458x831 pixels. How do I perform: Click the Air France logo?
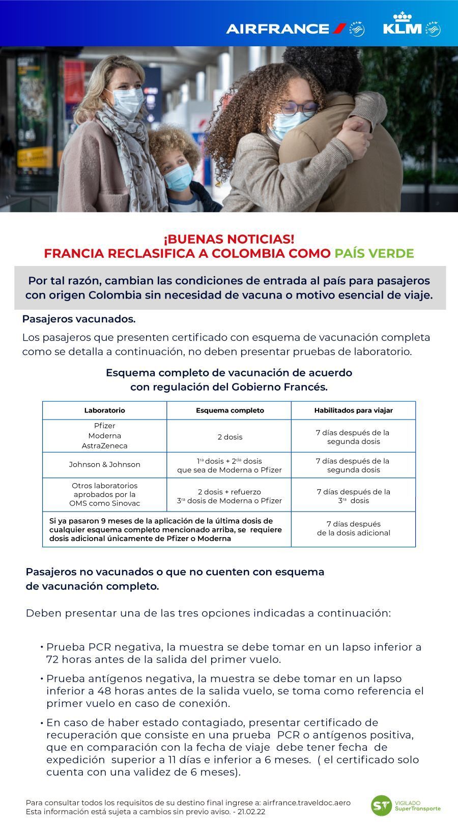[286, 28]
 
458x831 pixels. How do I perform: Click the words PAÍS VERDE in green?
[374, 253]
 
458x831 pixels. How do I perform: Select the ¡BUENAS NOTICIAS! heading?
[229, 239]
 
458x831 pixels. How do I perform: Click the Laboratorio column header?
[104, 410]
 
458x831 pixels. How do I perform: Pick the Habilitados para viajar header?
[353, 410]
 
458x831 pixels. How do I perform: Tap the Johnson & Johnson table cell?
[104, 464]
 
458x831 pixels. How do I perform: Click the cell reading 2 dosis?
[230, 437]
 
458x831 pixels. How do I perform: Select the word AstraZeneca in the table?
[104, 446]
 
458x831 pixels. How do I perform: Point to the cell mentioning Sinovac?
[104, 494]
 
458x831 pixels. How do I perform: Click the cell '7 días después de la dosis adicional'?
[353, 528]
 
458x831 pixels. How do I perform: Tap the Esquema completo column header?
[230, 410]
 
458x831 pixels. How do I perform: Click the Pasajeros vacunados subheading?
[79, 319]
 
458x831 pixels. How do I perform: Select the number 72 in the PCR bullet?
[53, 660]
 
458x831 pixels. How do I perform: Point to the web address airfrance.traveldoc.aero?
[306, 803]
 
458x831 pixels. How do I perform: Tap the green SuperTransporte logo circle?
[381, 806]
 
